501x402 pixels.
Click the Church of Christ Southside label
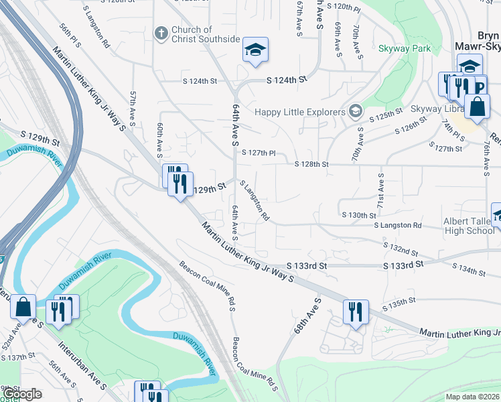(x=205, y=34)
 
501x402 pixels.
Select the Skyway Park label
(x=404, y=48)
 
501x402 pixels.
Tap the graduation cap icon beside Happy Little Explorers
(x=355, y=111)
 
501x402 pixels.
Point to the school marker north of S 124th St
(x=255, y=50)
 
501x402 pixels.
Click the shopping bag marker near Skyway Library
(x=477, y=107)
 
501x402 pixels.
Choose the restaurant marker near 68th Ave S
(x=355, y=312)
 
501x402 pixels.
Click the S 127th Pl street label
(x=259, y=153)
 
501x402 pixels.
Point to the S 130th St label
(x=359, y=215)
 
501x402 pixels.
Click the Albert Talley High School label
(x=469, y=226)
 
